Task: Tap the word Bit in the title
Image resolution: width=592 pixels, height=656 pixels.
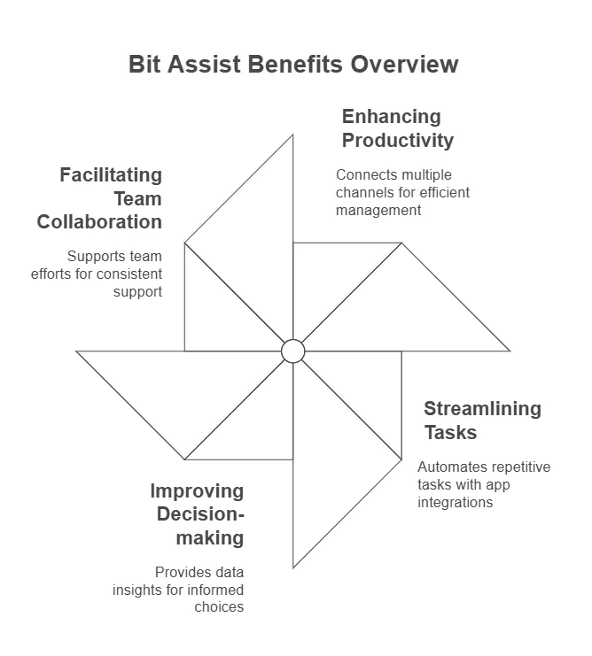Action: [145, 65]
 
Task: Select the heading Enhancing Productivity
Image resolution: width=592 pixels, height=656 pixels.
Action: [398, 128]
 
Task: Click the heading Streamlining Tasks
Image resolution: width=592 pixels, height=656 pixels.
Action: [481, 421]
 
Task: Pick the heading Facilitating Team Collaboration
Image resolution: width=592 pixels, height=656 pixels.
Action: [100, 197]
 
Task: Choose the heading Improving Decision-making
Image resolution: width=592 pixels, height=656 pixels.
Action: [197, 514]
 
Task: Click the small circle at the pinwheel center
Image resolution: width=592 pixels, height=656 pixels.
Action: [293, 351]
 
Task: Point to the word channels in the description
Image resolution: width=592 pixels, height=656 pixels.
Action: [362, 192]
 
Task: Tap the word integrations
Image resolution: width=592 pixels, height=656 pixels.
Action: [455, 502]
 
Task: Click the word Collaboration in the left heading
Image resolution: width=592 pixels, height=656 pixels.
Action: [100, 221]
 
